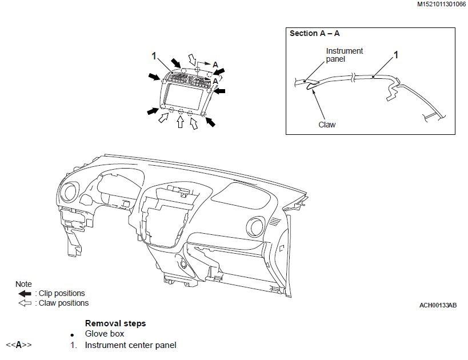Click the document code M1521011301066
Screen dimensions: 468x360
441,4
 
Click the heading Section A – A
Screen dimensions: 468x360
315,33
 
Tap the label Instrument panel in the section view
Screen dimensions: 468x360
344,55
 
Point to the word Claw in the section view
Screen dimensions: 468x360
327,125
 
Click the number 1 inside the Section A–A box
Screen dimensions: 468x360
396,55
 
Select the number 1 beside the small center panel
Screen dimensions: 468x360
154,56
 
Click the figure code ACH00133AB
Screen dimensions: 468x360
438,305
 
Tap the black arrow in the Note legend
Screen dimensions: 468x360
25,294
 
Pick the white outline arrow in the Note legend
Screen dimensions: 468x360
25,303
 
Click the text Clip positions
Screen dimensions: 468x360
62,294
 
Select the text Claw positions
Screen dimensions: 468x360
63,303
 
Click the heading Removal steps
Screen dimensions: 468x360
115,323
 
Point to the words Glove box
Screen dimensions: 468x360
105,334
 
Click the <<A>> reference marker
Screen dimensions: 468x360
18,345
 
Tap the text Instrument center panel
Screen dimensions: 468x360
131,345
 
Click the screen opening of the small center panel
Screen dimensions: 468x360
183,96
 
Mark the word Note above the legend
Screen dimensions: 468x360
23,284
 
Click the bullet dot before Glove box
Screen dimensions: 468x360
72,335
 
